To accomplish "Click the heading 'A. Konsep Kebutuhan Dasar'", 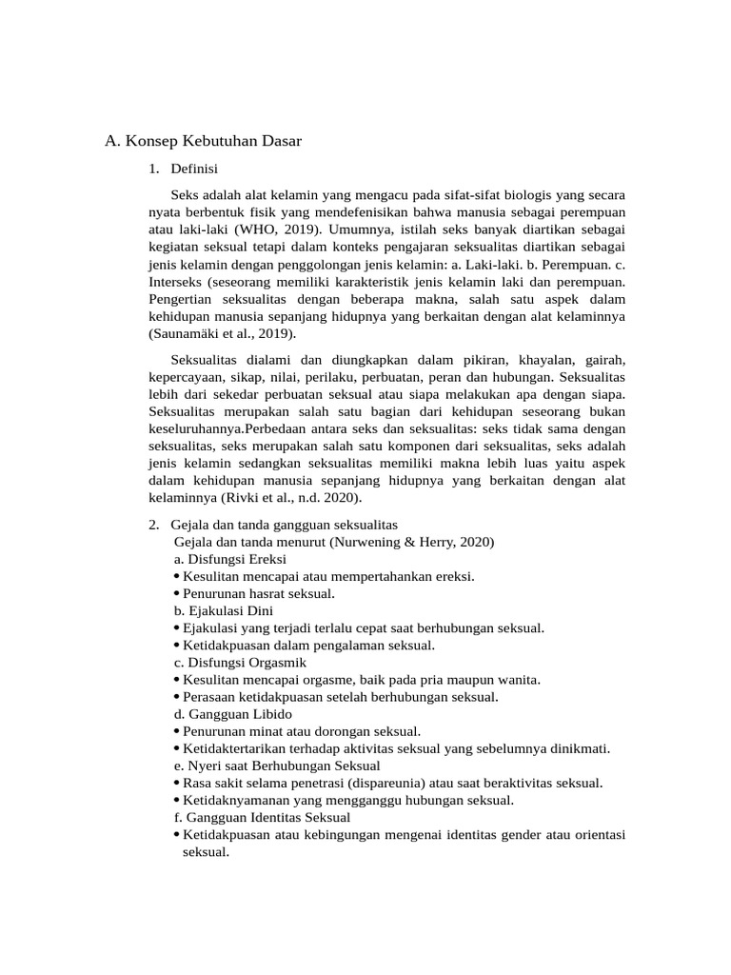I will point(203,142).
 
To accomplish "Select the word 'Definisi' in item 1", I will point(194,169).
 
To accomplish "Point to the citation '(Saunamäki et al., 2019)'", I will point(223,333).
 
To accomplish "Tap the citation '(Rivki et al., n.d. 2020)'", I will point(292,497).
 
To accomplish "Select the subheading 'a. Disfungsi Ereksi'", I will point(229,559).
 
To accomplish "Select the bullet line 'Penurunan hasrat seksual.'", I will point(258,593).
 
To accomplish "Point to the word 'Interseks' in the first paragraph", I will point(177,282).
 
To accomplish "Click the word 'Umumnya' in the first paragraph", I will point(361,229).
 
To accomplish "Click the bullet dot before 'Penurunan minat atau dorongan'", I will point(177,731).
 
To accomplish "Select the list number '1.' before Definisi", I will point(155,169).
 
